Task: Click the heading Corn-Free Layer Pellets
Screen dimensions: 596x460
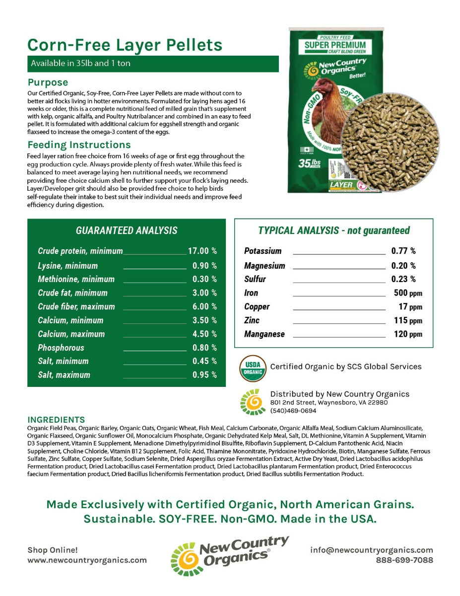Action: coord(125,45)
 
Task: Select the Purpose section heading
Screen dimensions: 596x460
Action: coord(48,82)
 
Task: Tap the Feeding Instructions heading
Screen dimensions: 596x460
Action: coord(79,145)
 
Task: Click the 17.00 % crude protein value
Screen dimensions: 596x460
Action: coord(202,251)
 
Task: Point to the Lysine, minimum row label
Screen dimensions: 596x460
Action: coord(68,266)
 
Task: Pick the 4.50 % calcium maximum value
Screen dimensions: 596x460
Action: coord(204,334)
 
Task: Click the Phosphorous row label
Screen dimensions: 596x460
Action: coord(61,348)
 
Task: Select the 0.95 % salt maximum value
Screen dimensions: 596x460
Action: coord(204,375)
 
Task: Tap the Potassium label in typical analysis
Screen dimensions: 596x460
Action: coord(263,251)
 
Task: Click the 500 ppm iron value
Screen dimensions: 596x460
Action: coord(407,293)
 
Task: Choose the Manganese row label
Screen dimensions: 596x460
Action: coord(264,334)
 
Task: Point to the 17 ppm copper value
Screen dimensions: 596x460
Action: coord(410,307)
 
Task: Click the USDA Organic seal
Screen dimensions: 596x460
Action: coord(253,368)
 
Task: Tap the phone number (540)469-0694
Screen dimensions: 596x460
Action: coord(293,411)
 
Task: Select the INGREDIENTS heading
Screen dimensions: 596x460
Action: coord(56,420)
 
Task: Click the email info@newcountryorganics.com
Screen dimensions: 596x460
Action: coord(372,550)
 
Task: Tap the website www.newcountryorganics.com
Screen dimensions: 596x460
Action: coord(87,560)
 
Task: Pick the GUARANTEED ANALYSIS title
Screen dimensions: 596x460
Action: coord(127,230)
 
